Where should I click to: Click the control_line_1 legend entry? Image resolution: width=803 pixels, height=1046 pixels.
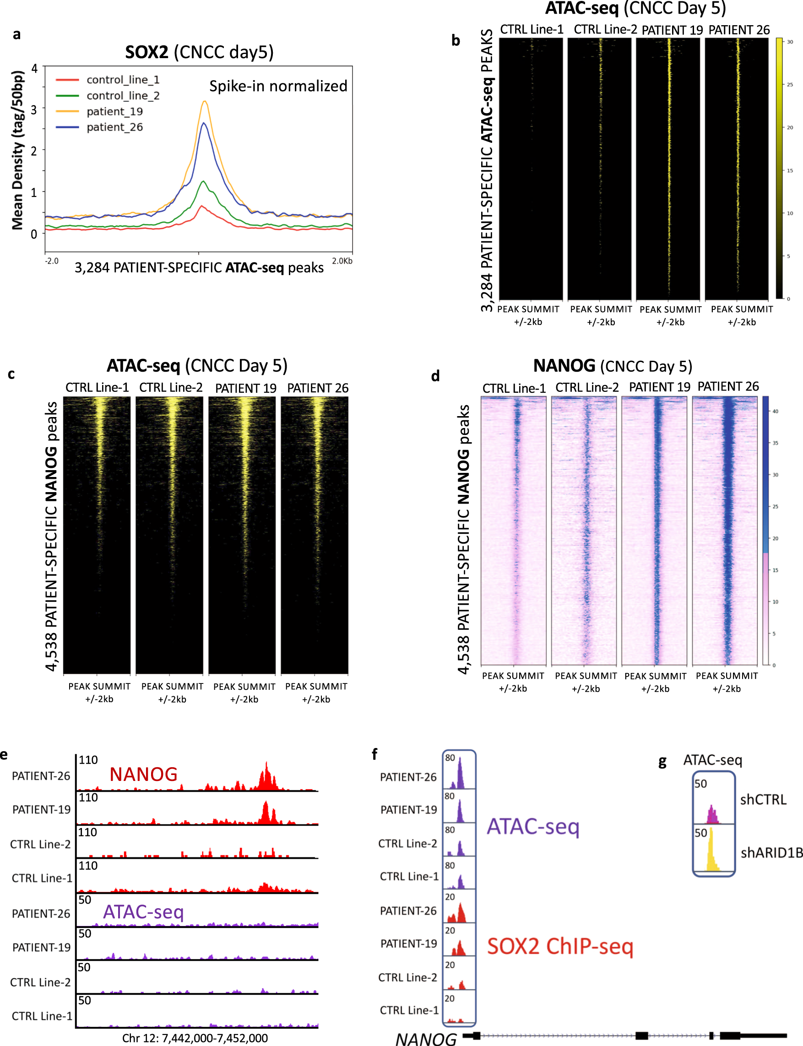tap(123, 80)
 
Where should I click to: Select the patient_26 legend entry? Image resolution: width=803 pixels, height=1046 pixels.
tap(115, 127)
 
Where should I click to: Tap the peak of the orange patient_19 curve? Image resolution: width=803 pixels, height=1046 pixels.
tap(205, 102)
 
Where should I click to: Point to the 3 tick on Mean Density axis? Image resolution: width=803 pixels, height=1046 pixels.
tap(34, 109)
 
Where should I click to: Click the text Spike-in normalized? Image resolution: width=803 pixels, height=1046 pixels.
tap(278, 86)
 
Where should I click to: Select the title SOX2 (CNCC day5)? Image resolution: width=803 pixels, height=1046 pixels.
tap(199, 52)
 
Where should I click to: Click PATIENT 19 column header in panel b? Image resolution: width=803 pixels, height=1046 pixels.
tap(672, 30)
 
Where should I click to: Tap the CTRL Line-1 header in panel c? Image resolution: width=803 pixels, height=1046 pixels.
tap(97, 388)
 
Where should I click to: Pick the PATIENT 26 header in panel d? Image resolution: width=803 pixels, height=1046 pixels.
tap(728, 386)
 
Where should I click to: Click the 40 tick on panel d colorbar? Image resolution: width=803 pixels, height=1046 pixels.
tap(775, 411)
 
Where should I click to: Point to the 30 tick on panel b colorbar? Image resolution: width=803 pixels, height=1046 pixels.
tap(790, 42)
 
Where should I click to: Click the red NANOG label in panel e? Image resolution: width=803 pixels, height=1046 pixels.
tap(143, 774)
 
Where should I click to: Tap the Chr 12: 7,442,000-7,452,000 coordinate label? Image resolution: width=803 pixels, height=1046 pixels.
tap(195, 1038)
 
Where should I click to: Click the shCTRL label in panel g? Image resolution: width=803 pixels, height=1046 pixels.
tap(763, 799)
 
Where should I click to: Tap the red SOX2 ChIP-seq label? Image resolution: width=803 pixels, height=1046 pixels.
tap(560, 946)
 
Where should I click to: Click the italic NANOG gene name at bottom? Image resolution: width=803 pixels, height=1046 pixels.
tap(425, 1039)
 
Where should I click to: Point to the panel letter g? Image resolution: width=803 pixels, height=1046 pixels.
tap(662, 762)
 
